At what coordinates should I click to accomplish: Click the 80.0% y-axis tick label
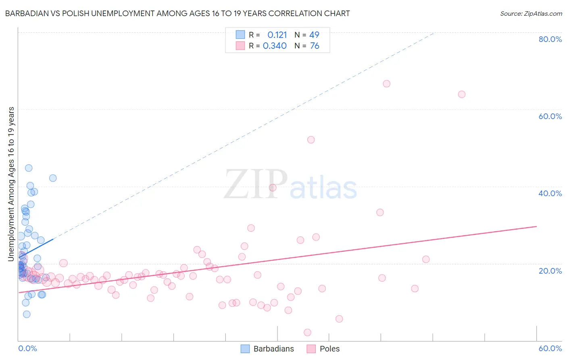tap(550, 39)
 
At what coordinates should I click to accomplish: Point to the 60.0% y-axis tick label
tap(550, 116)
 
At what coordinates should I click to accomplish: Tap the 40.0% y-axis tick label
tap(550, 193)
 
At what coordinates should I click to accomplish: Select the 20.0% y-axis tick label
tap(550, 270)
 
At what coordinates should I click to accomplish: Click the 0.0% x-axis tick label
tap(27, 348)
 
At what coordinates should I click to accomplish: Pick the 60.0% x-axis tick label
tap(550, 348)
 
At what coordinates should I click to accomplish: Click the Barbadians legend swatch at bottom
tap(245, 349)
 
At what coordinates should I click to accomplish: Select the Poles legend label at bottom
tap(329, 349)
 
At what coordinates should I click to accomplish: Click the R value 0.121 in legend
tap(277, 35)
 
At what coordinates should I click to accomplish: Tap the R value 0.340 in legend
tap(275, 46)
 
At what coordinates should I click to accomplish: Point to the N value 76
tap(315, 46)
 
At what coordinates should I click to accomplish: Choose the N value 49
tap(314, 35)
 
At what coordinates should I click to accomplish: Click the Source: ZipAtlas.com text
tap(531, 13)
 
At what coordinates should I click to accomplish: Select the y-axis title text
tap(11, 184)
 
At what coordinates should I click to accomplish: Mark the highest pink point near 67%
tap(386, 84)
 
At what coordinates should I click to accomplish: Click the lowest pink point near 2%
tap(307, 333)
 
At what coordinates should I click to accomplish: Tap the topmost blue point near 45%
tap(29, 168)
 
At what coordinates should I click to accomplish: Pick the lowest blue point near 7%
tap(27, 314)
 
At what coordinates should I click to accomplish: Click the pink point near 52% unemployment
tap(311, 140)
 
